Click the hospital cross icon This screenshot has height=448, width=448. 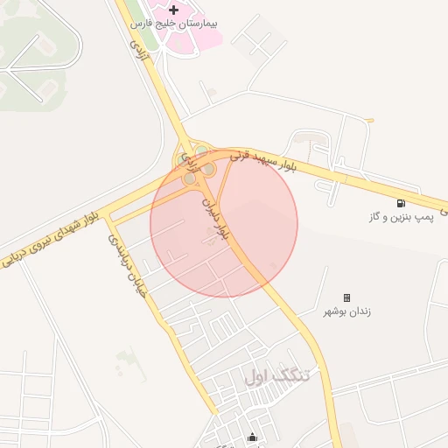click(x=173, y=10)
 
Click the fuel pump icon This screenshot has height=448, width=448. click(x=401, y=203)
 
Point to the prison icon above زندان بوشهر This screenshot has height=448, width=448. click(x=346, y=297)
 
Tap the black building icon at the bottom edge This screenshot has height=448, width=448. click(x=253, y=437)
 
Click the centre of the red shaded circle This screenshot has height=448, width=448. click(x=224, y=224)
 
